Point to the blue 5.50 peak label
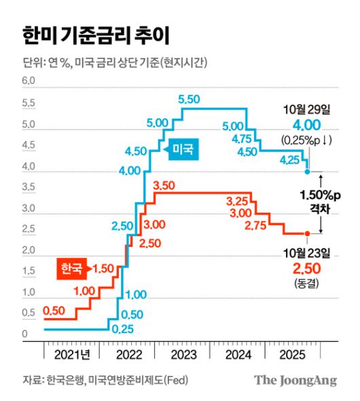pyautogui.click(x=189, y=100)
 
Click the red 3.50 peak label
pyautogui.click(x=166, y=185)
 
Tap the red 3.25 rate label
pyautogui.click(x=237, y=201)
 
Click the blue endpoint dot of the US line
pyautogui.click(x=307, y=172)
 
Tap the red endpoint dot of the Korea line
pyautogui.click(x=307, y=234)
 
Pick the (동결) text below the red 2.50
pyautogui.click(x=308, y=281)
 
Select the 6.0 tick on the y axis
pyautogui.click(x=29, y=81)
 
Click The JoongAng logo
pyautogui.click(x=295, y=380)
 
